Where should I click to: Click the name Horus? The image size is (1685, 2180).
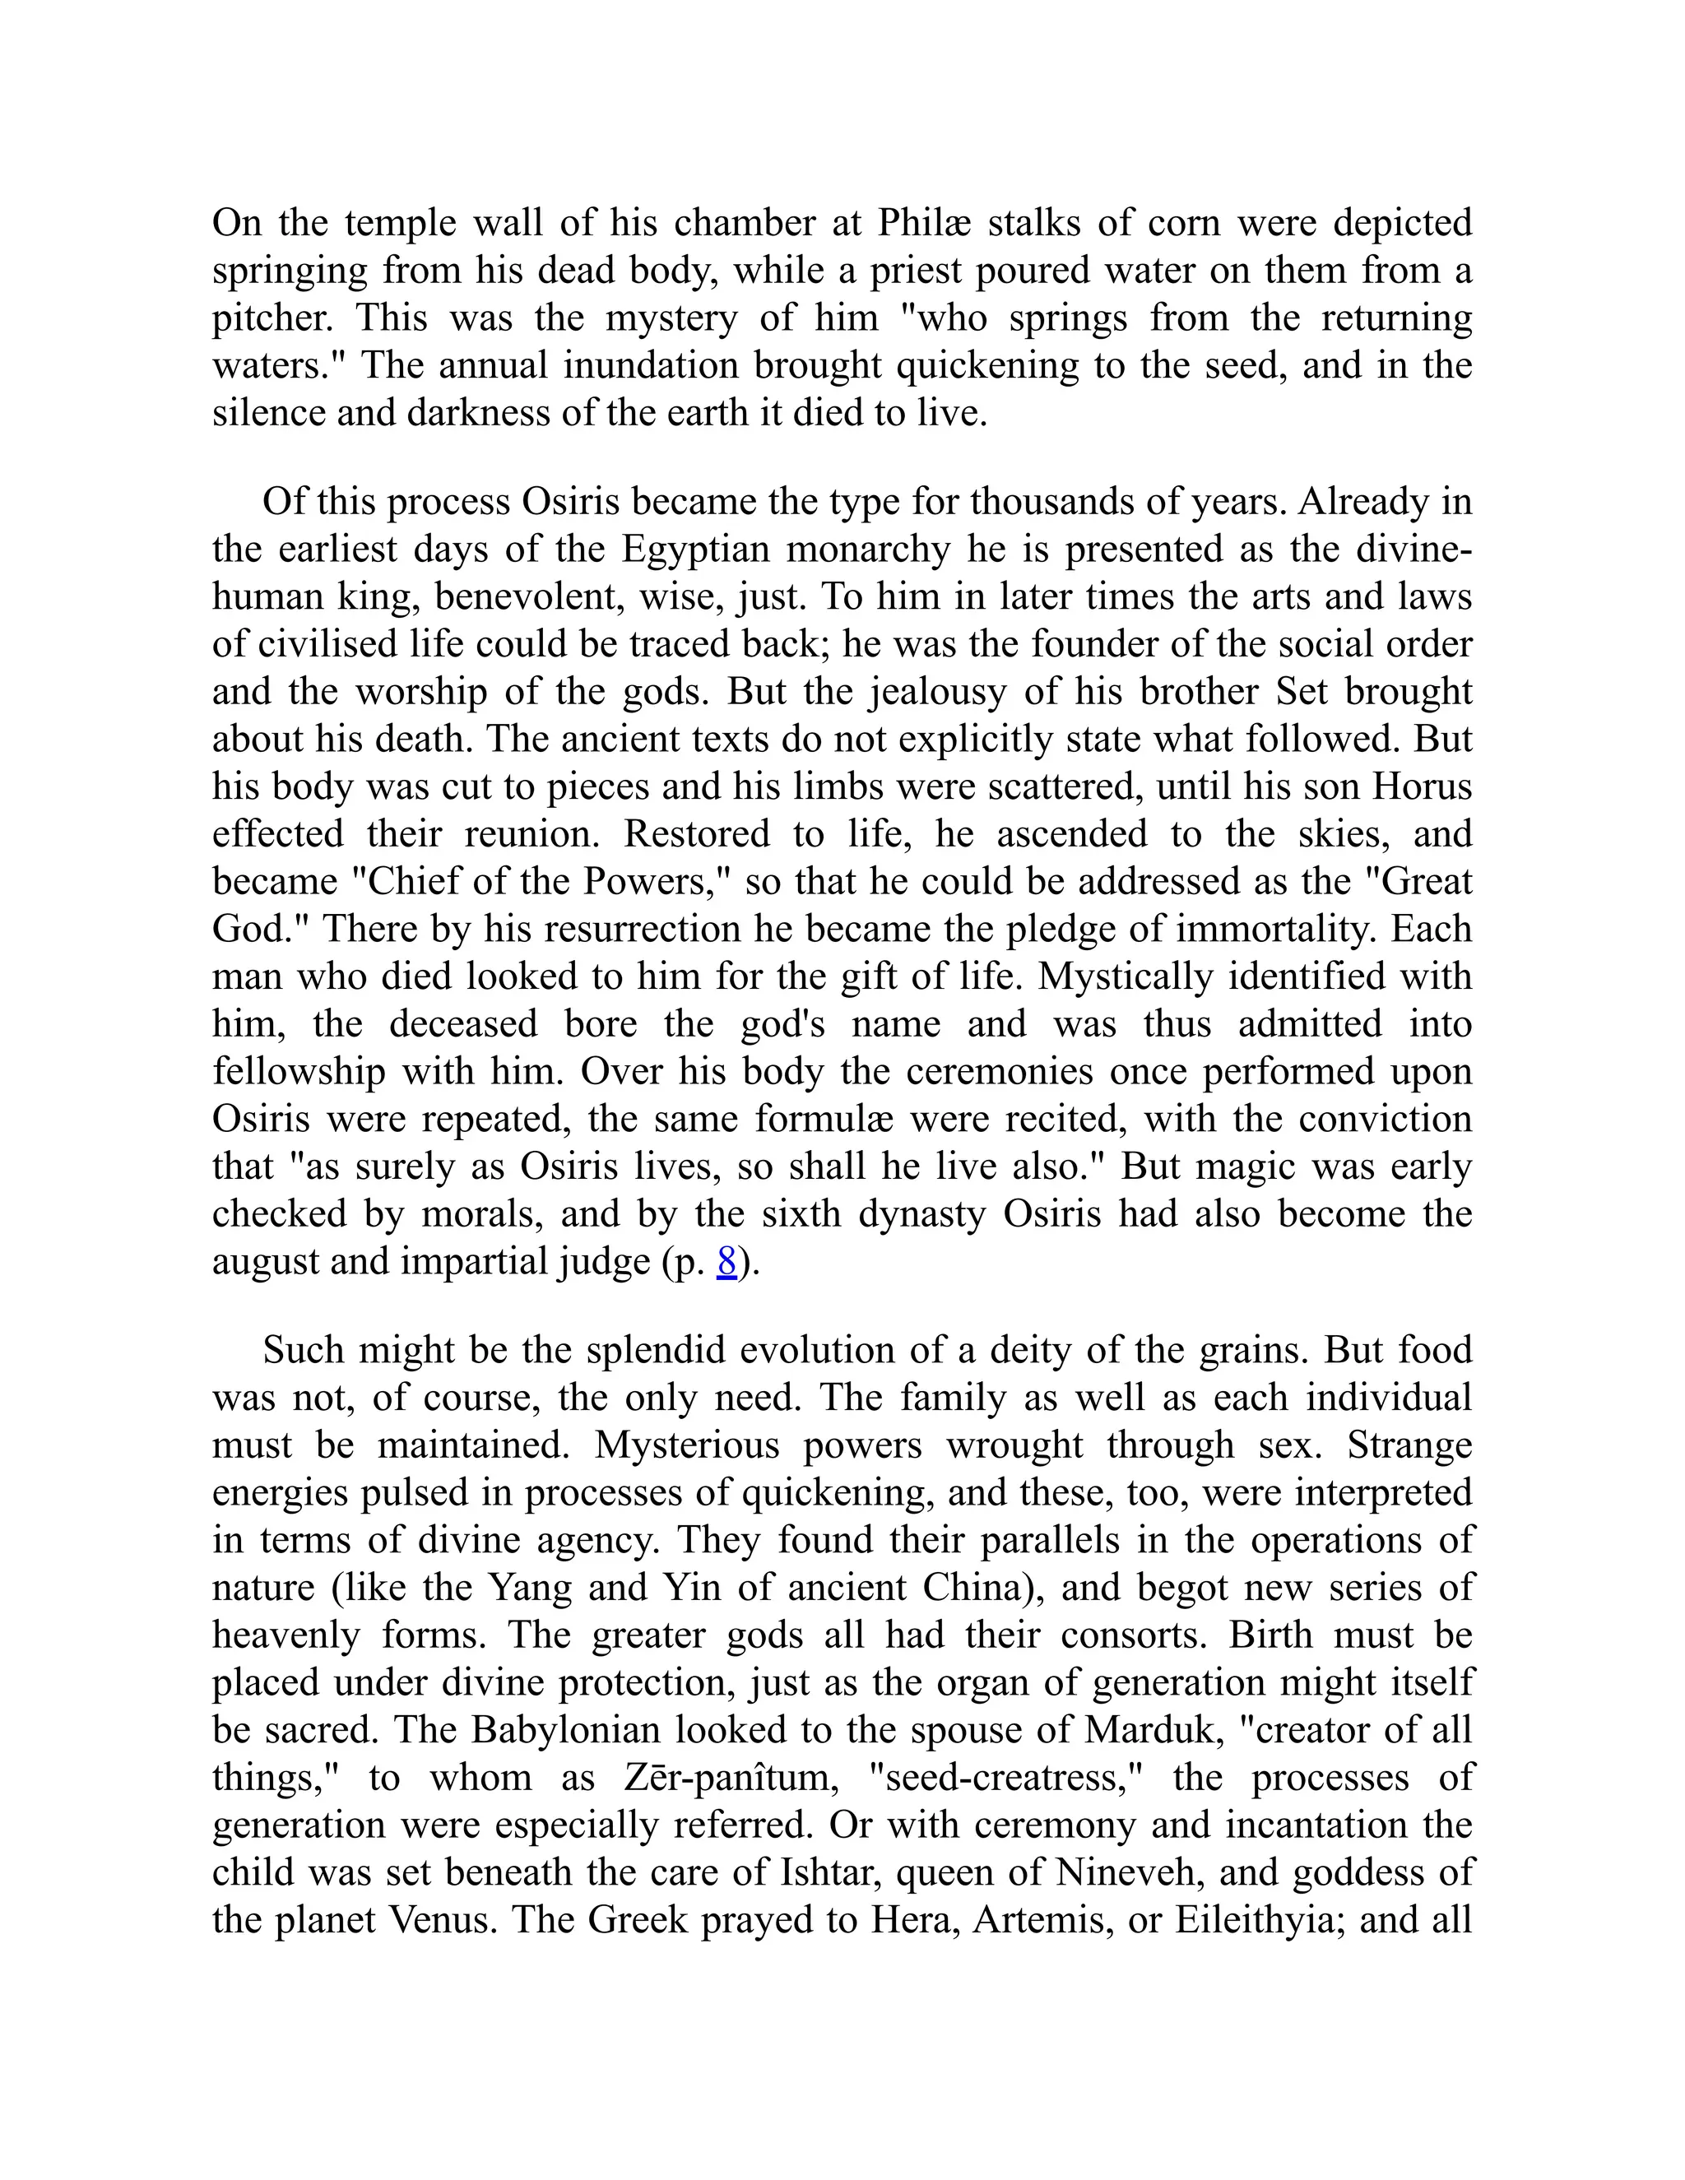coord(1423,786)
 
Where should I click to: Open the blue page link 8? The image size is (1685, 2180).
coord(726,1263)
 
